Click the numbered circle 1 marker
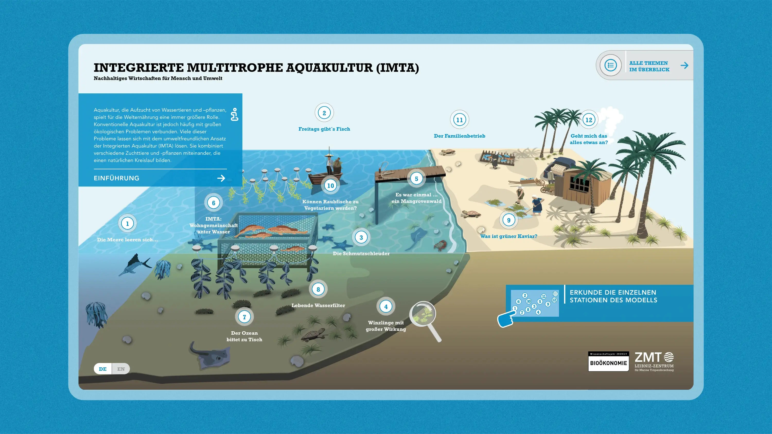point(127,224)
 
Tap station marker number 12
point(589,120)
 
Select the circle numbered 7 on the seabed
point(244,317)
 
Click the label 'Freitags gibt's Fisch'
point(324,129)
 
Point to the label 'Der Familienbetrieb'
point(459,136)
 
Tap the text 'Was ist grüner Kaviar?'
point(508,236)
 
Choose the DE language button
point(102,369)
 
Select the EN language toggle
point(121,369)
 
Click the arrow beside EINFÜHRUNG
point(221,178)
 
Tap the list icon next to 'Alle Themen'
point(610,65)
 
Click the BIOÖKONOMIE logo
point(608,362)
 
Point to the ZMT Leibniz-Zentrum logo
point(654,361)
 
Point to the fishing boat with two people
point(327,174)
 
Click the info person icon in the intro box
point(235,114)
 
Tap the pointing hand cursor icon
point(506,319)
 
